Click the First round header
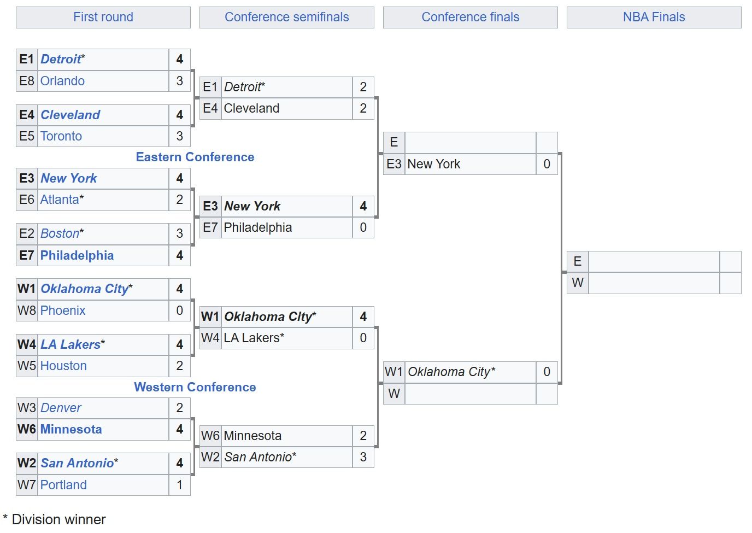pos(103,17)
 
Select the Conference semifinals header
pos(287,17)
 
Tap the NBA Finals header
pos(654,17)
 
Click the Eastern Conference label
pos(195,157)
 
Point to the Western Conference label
pos(195,387)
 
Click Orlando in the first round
pos(62,81)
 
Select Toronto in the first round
pos(61,136)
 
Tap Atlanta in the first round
pos(60,200)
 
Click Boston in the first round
pos(60,233)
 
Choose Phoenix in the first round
pos(63,311)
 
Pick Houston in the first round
pos(63,365)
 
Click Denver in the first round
pos(61,408)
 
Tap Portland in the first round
pos(63,485)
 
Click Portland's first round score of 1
pos(180,485)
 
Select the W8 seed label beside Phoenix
pos(27,311)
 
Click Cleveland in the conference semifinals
pos(251,108)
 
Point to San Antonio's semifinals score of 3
pos(363,457)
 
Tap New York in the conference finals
pos(434,164)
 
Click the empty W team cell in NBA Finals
pos(654,283)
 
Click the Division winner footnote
pos(54,519)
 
